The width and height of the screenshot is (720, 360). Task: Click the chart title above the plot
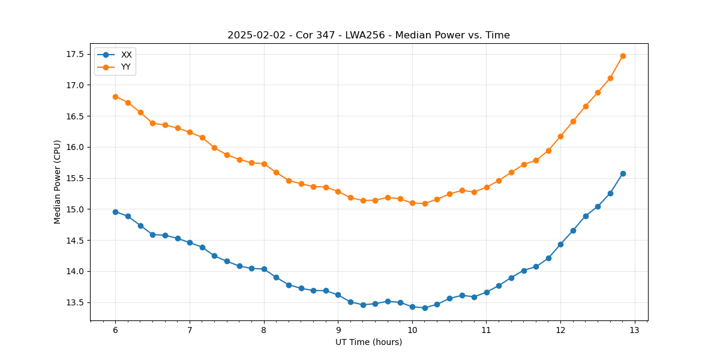[368, 35]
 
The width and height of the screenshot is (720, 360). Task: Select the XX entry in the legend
[126, 55]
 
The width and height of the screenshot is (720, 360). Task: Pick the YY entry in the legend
[126, 67]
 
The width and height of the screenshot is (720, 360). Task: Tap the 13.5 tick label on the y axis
[74, 302]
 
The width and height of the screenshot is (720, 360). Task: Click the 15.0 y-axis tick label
[74, 209]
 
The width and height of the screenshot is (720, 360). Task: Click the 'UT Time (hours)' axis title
[368, 342]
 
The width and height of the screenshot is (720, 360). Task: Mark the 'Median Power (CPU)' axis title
[58, 182]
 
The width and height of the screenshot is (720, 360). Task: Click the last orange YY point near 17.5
[623, 56]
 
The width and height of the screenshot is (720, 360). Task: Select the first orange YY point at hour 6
[115, 97]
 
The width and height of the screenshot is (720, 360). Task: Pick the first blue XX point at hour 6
[115, 212]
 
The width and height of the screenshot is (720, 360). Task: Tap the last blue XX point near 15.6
[623, 173]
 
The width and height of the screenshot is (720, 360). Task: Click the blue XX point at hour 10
[412, 307]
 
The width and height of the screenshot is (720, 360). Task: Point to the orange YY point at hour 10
[412, 203]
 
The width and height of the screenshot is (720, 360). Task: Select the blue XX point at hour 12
[560, 244]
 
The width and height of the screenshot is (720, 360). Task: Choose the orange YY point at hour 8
[264, 164]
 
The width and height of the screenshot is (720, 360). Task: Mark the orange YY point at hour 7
[190, 132]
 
